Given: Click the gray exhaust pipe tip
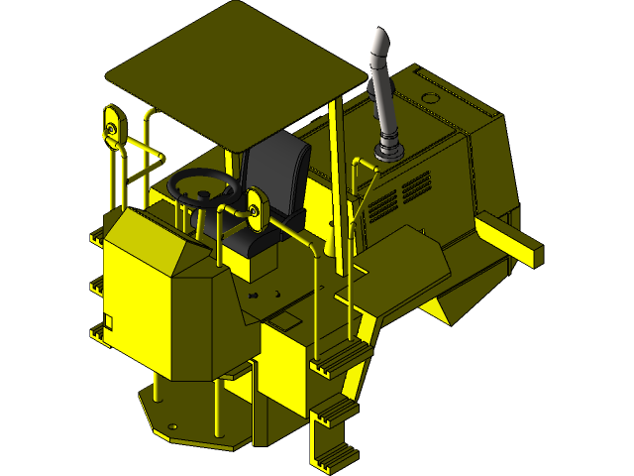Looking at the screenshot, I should pos(379,44).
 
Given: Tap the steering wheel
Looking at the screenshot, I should pos(203,186).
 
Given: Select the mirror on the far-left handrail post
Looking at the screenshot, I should pos(112,126).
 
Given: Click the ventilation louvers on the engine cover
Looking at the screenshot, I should pos(401,194).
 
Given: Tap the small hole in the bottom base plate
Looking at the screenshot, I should pos(173,428).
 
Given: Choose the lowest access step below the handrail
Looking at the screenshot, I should pos(333,451).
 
